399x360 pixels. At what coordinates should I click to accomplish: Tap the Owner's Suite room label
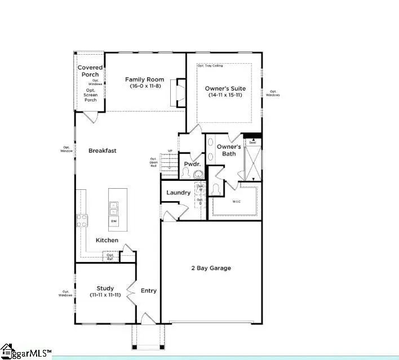pyautogui.click(x=225, y=92)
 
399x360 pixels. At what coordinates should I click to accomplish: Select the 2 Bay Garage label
pyautogui.click(x=211, y=268)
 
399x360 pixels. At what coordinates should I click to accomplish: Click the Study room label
pyautogui.click(x=105, y=291)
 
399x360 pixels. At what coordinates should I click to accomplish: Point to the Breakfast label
pyautogui.click(x=103, y=150)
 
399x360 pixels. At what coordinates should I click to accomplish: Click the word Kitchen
pyautogui.click(x=107, y=240)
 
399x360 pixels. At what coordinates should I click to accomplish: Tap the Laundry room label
pyautogui.click(x=178, y=193)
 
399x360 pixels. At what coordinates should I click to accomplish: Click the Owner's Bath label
pyautogui.click(x=229, y=150)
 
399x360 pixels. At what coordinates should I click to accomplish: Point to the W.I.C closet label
pyautogui.click(x=237, y=201)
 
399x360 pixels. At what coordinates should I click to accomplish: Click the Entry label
pyautogui.click(x=149, y=291)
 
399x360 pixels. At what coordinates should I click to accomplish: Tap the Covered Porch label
pyautogui.click(x=90, y=71)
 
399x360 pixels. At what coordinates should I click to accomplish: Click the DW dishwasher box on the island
pyautogui.click(x=114, y=221)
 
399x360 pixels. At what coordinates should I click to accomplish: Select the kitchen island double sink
pyautogui.click(x=114, y=208)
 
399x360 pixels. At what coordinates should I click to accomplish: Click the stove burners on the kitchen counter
pyautogui.click(x=82, y=221)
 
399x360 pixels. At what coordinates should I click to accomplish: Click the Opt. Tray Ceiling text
pyautogui.click(x=210, y=66)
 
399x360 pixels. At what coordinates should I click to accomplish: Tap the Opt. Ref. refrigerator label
pyautogui.click(x=110, y=257)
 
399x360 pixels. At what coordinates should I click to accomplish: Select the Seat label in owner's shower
pyautogui.click(x=252, y=142)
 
